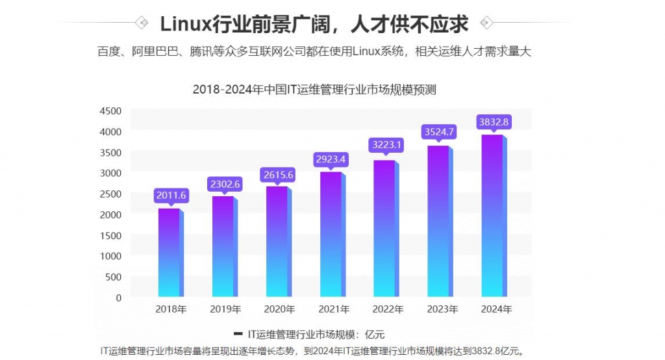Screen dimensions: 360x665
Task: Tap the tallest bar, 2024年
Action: [493, 215]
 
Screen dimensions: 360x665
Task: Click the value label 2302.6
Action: [225, 184]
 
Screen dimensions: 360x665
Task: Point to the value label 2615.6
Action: [279, 175]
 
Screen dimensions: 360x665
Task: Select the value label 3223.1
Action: [386, 144]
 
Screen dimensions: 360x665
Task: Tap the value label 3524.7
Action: [440, 132]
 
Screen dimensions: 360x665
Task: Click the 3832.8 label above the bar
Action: [494, 122]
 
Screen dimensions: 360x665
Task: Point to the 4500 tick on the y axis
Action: [110, 110]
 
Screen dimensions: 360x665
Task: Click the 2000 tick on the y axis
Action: [110, 214]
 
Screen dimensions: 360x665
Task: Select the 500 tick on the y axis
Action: [113, 277]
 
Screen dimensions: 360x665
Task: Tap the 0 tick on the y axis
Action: [118, 298]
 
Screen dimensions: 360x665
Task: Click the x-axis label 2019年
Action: [225, 309]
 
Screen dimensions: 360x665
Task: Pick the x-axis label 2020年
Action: [279, 309]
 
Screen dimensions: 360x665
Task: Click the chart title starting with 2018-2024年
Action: [314, 90]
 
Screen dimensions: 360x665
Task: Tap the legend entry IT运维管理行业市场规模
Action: [301, 335]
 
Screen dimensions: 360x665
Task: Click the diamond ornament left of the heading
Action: [141, 23]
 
